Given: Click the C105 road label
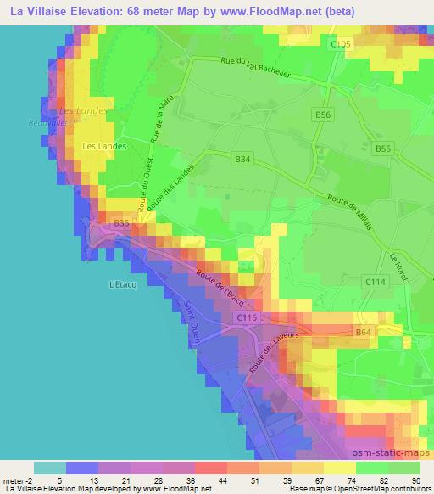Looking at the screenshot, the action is tap(341, 43).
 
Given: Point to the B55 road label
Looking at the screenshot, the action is tap(384, 149).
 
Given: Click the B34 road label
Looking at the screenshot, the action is tap(243, 158).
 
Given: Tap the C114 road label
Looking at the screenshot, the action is tap(375, 281).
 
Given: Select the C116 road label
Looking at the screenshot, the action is tap(247, 317).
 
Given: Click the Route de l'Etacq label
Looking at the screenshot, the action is tap(221, 289).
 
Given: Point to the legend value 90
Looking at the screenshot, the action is tap(416, 480).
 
